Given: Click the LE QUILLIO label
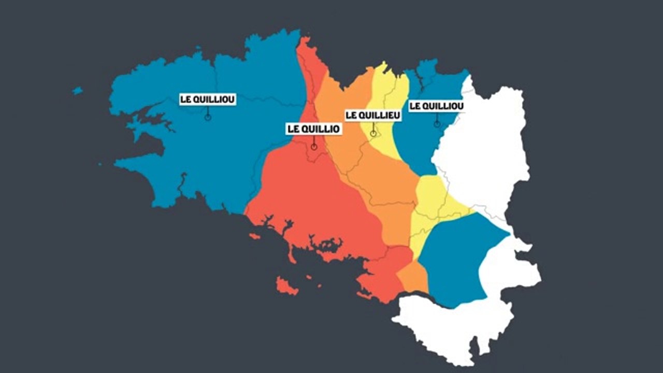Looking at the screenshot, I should click(314, 128).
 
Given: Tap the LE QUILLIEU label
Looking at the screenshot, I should click(373, 116).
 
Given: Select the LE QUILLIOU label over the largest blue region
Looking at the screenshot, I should click(207, 99).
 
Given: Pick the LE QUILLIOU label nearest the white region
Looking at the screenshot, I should click(436, 106).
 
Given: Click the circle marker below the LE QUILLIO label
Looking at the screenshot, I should click(314, 147).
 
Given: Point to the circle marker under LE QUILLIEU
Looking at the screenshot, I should click(373, 134).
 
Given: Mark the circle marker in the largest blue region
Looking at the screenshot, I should click(208, 118).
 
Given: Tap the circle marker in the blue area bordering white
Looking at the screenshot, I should click(437, 124).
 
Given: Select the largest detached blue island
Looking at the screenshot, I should click(77, 91).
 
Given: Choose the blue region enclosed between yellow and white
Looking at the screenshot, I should click(456, 259).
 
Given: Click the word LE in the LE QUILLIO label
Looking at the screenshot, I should click(293, 128).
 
